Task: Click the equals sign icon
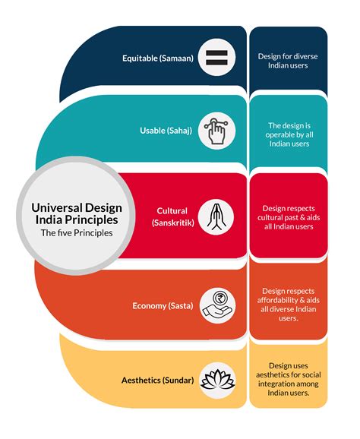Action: coord(216,58)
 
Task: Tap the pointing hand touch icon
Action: coord(216,131)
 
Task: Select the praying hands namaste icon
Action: coord(216,217)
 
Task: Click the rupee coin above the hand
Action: coord(220,298)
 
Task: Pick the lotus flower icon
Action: coord(218,380)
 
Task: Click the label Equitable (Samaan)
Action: coord(158,58)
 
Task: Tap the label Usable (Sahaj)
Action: coord(166,131)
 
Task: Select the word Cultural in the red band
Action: coord(172,211)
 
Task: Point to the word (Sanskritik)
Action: coord(172,223)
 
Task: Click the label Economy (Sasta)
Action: coord(163,306)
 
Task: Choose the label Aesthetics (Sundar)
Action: coord(158,381)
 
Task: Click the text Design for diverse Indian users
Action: coord(288,61)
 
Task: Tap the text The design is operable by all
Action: coord(289,130)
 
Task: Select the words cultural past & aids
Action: coord(289,217)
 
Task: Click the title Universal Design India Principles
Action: coord(77,213)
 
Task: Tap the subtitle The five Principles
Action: coord(77,233)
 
